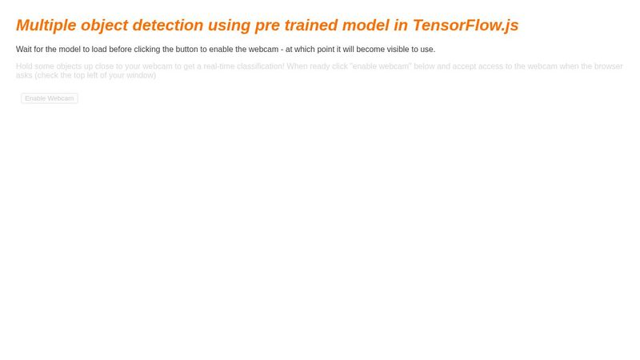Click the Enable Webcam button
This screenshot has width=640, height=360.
49,98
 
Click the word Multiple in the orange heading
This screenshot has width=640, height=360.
46,26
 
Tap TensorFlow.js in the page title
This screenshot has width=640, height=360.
466,26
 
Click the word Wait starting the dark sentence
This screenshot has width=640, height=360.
25,50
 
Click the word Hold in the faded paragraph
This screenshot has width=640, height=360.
25,66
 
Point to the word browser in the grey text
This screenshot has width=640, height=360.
608,66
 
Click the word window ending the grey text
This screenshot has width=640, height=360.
141,75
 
